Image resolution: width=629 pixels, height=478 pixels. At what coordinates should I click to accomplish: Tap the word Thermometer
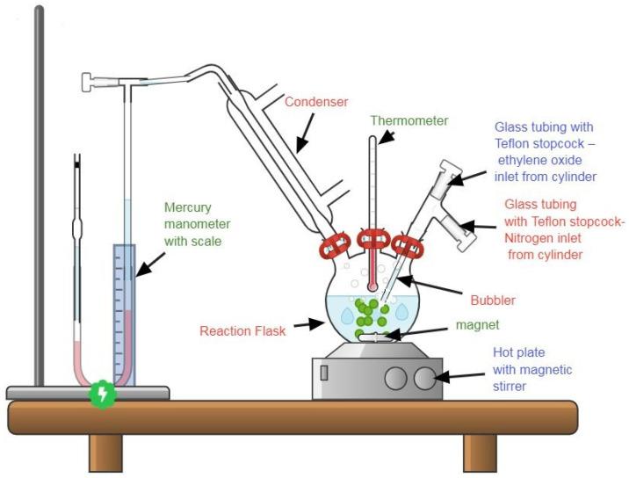tap(409, 120)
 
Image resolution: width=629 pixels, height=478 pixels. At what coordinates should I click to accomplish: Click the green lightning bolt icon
tap(104, 395)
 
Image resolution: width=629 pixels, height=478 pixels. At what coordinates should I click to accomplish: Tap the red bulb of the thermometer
tap(372, 286)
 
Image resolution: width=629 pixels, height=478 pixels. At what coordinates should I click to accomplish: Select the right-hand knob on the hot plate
tap(424, 379)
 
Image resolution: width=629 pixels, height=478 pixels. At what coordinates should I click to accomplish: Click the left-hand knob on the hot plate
tap(395, 379)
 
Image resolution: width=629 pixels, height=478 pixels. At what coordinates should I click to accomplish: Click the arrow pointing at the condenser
tap(304, 134)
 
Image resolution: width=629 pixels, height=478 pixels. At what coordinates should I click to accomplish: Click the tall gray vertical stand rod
tap(39, 193)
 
